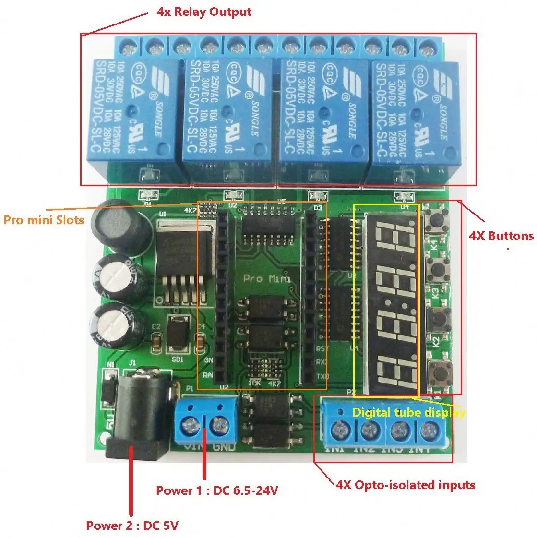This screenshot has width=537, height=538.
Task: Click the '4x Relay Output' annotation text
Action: tap(203, 12)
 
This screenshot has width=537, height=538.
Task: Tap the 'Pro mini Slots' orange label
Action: tap(44, 220)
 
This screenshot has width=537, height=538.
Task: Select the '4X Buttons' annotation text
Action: tap(501, 236)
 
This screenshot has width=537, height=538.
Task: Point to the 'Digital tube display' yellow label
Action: tap(408, 413)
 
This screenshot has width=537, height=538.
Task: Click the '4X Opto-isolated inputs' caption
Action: tap(406, 485)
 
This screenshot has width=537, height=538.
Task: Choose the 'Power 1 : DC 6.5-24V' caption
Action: tap(217, 490)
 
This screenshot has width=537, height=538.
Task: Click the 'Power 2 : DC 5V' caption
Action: tap(132, 526)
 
